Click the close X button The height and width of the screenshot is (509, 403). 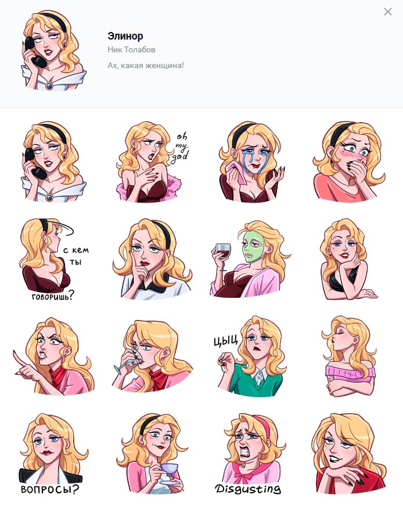(387, 12)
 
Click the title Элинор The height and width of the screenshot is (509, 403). (125, 36)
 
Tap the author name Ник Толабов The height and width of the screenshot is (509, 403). (131, 49)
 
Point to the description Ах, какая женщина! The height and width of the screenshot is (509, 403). (146, 65)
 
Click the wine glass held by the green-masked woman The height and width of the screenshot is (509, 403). (222, 255)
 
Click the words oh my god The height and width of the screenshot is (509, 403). (181, 147)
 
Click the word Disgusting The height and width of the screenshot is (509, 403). (248, 489)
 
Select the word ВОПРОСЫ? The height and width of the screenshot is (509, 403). (49, 489)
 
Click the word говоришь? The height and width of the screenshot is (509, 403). (53, 296)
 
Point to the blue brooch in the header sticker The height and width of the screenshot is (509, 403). (49, 86)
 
